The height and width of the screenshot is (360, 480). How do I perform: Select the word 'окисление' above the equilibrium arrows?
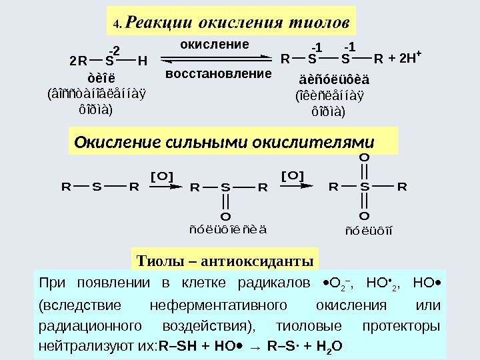[x=215, y=44]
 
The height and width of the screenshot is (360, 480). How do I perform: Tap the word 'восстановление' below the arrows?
[x=219, y=73]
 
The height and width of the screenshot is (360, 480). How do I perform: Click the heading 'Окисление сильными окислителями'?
[x=224, y=143]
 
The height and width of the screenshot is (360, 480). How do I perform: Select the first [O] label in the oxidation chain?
[x=162, y=176]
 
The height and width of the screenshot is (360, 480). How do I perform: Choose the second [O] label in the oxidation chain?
[x=292, y=175]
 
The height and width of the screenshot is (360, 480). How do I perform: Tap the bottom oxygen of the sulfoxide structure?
[x=225, y=217]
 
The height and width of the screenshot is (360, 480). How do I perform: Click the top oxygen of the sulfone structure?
[x=363, y=157]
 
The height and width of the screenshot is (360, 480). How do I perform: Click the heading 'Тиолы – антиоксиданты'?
[x=225, y=259]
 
